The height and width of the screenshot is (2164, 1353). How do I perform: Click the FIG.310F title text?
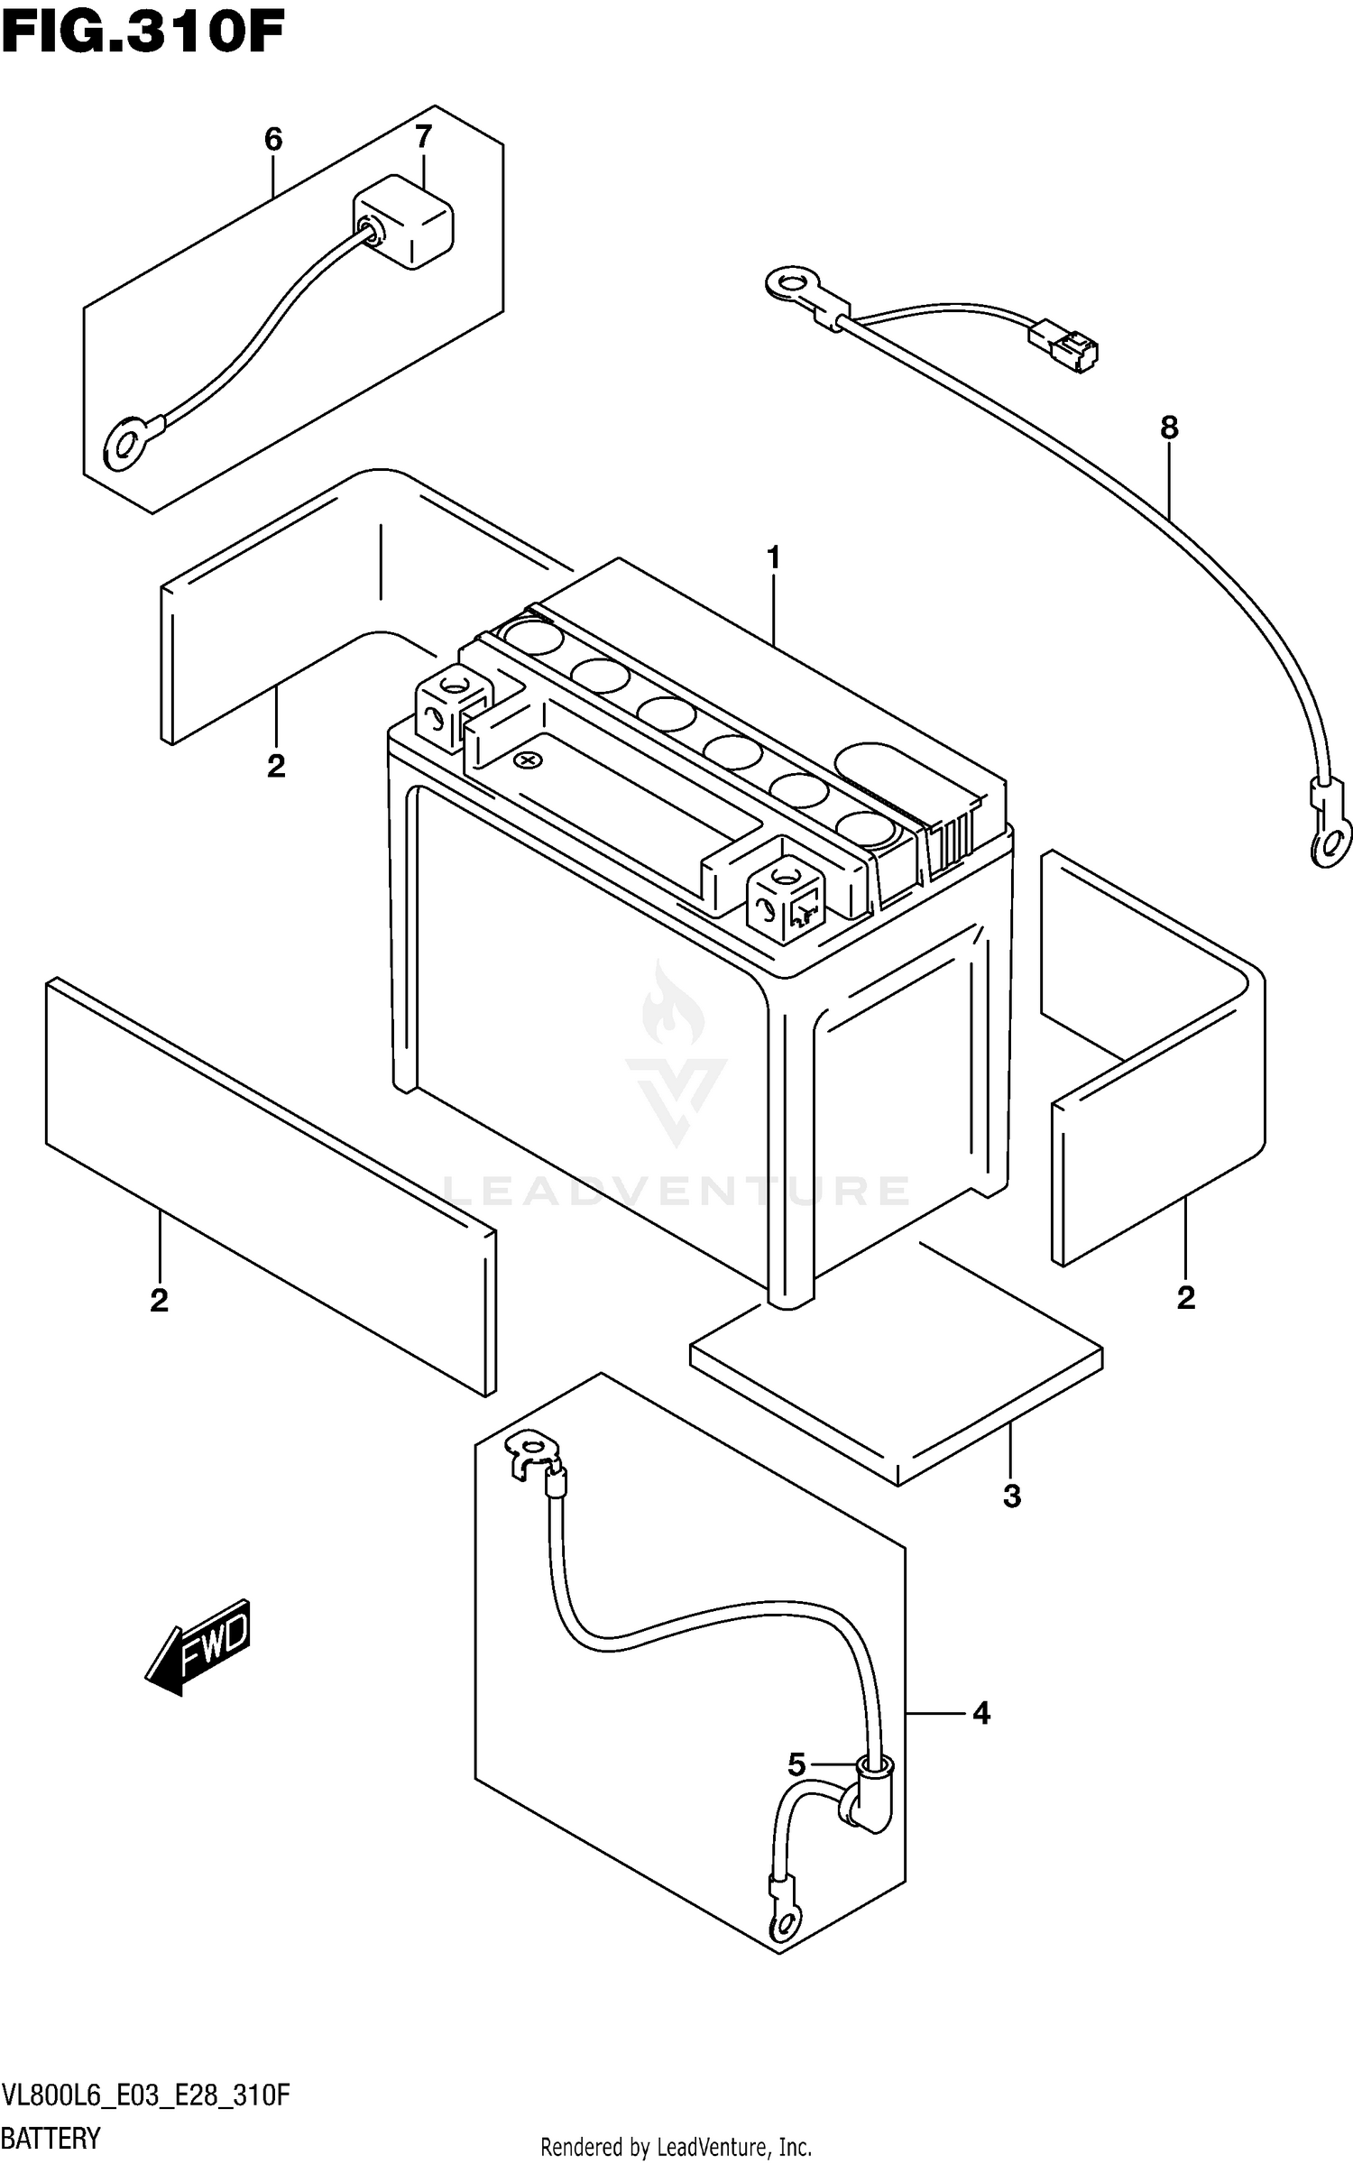pos(143,34)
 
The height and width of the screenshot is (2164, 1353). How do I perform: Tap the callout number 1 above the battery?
pos(773,559)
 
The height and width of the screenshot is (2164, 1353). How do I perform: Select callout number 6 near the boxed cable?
pos(273,140)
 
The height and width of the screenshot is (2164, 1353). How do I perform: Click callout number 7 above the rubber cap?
pos(423,137)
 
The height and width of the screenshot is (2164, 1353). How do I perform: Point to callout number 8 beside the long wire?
pos(1169,428)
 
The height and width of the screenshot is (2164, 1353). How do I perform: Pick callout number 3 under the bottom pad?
pos(1011,1496)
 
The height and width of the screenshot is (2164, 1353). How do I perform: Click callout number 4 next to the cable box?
pos(981,1713)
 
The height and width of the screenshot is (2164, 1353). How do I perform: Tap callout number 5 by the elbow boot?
pos(796,1764)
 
